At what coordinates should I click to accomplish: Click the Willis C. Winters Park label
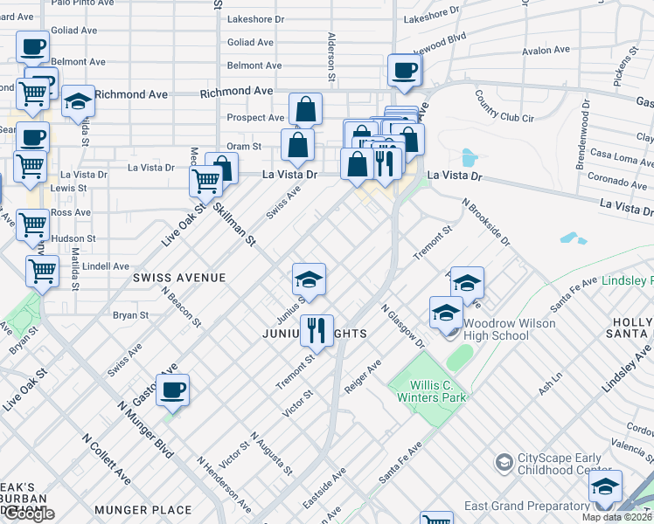coord(428,390)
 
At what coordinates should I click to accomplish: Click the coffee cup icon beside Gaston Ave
coord(173,390)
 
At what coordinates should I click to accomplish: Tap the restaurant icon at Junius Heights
coord(317,330)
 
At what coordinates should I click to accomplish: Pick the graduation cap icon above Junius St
coord(309,279)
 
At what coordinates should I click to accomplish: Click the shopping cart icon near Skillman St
coord(206,182)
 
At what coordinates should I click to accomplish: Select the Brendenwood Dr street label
coord(581,141)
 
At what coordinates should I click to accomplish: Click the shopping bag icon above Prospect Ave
coord(306,110)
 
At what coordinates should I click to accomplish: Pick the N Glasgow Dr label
coord(402,327)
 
